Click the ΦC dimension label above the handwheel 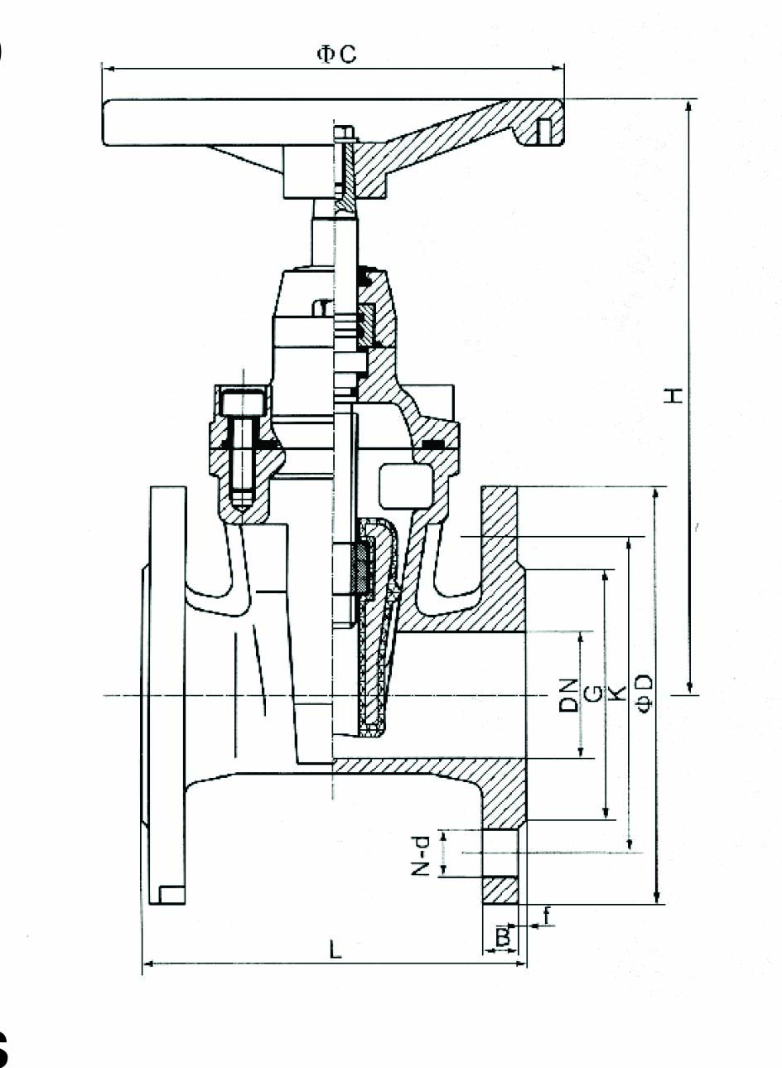(336, 54)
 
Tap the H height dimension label (673, 395)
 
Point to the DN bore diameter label (568, 695)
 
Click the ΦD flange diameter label (644, 693)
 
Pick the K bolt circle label (619, 693)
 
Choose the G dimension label (594, 694)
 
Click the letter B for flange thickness (503, 936)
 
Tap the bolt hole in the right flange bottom (500, 853)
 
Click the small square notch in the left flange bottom (171, 895)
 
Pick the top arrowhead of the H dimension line (688, 106)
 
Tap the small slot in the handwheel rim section (543, 132)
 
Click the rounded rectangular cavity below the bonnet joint (406, 486)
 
